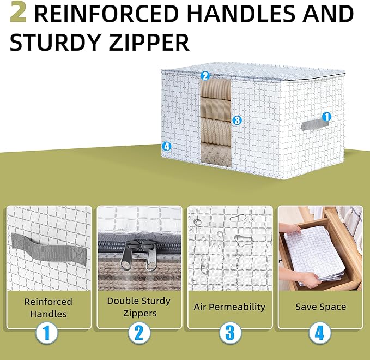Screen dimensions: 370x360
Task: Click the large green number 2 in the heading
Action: click(18, 13)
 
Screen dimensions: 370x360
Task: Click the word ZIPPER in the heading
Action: click(149, 42)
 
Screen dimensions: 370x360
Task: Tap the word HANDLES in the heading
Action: click(241, 13)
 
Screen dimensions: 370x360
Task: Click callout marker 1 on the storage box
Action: click(326, 117)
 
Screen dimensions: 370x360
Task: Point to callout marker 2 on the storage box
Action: click(205, 76)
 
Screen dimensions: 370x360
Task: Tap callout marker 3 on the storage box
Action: click(237, 121)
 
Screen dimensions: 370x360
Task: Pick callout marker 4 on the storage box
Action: click(167, 147)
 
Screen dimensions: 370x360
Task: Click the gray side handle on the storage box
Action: click(315, 124)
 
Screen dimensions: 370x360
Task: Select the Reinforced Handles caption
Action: click(48, 308)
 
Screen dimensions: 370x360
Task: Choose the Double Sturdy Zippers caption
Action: click(139, 307)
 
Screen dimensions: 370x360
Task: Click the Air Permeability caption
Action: click(229, 307)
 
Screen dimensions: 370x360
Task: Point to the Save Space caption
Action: click(320, 307)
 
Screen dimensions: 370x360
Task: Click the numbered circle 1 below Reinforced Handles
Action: click(47, 333)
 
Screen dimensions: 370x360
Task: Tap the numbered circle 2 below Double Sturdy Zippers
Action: click(139, 333)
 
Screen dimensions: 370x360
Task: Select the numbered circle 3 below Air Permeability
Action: click(230, 333)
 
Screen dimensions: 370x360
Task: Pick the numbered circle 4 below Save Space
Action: click(319, 333)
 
